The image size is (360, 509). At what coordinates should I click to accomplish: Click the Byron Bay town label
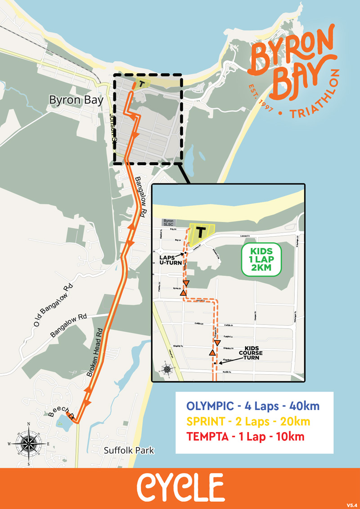(x=76, y=100)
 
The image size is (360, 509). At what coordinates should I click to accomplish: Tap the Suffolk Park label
(x=129, y=450)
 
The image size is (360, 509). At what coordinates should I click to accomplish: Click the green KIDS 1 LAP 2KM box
(x=261, y=260)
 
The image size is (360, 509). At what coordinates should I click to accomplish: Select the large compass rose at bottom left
(x=28, y=443)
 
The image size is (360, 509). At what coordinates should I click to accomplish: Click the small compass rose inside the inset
(x=167, y=370)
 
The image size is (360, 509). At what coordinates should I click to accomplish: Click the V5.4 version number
(x=351, y=504)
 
